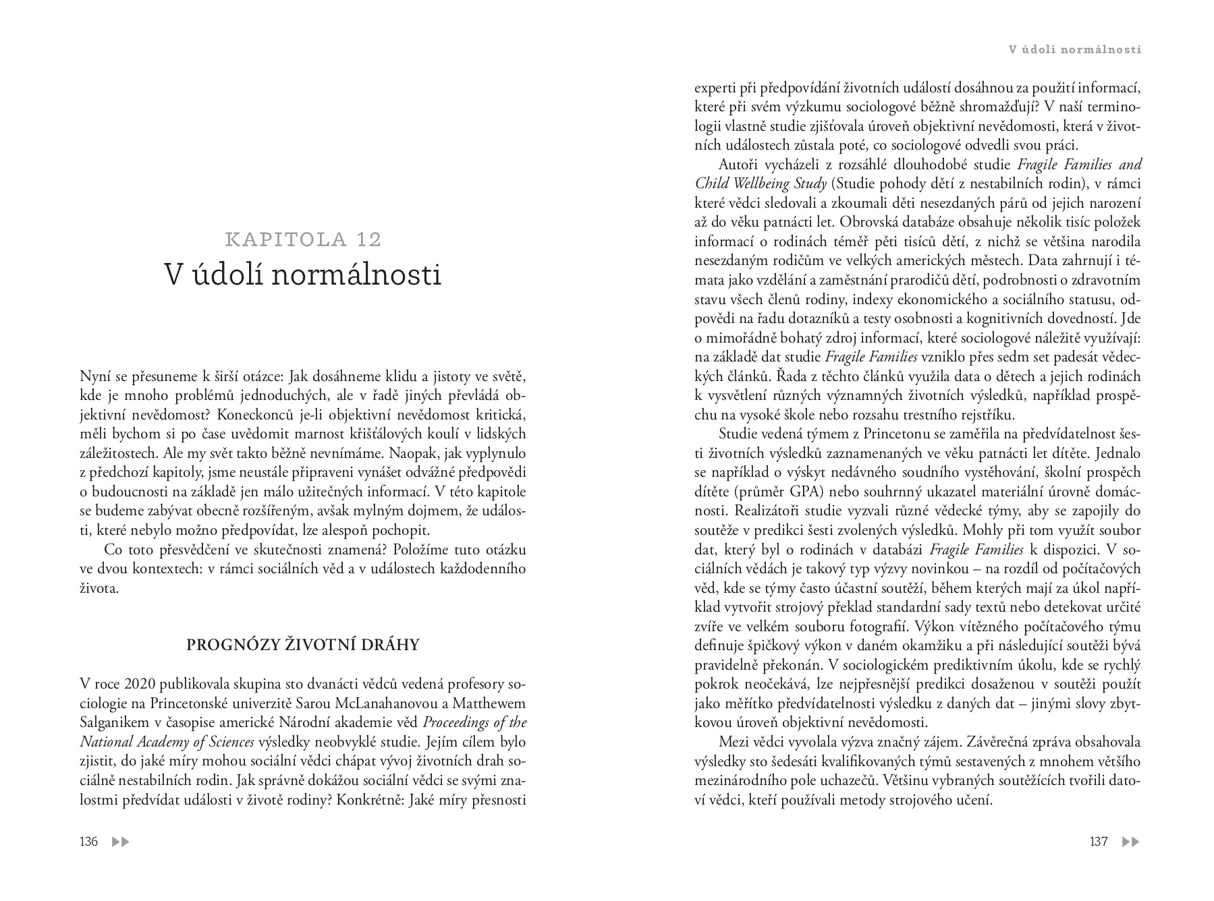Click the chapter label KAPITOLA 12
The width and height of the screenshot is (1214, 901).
(x=303, y=239)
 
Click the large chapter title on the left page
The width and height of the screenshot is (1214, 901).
(x=303, y=274)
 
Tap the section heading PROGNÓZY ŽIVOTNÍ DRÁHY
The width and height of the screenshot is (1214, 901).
(x=303, y=645)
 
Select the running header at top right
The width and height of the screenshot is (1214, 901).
(x=1074, y=49)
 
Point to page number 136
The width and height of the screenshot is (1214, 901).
(x=88, y=842)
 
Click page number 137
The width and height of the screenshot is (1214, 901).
(x=1099, y=842)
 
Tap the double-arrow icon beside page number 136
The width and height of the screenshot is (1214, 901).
(x=120, y=842)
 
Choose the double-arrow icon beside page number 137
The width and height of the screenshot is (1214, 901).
(x=1130, y=842)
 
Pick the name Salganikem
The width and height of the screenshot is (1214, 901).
(x=111, y=723)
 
